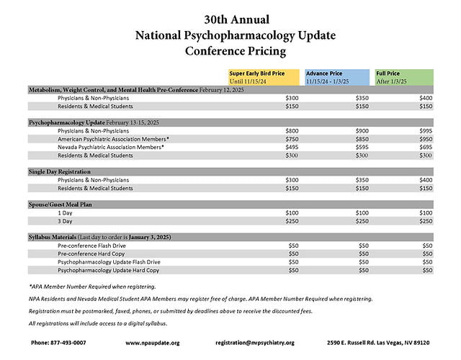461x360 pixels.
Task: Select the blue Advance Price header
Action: [x=335, y=77]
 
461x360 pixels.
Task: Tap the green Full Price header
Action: [x=404, y=77]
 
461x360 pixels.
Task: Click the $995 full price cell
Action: [x=427, y=131]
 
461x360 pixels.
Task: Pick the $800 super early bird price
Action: [x=292, y=131]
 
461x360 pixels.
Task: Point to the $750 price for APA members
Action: [x=292, y=139]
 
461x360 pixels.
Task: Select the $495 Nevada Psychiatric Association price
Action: [x=292, y=147]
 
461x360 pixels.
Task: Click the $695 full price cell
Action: [x=427, y=147]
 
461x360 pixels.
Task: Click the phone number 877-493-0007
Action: [x=58, y=343]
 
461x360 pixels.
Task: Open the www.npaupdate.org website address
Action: [x=152, y=343]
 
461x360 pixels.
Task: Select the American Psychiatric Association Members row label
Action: [x=114, y=139]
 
